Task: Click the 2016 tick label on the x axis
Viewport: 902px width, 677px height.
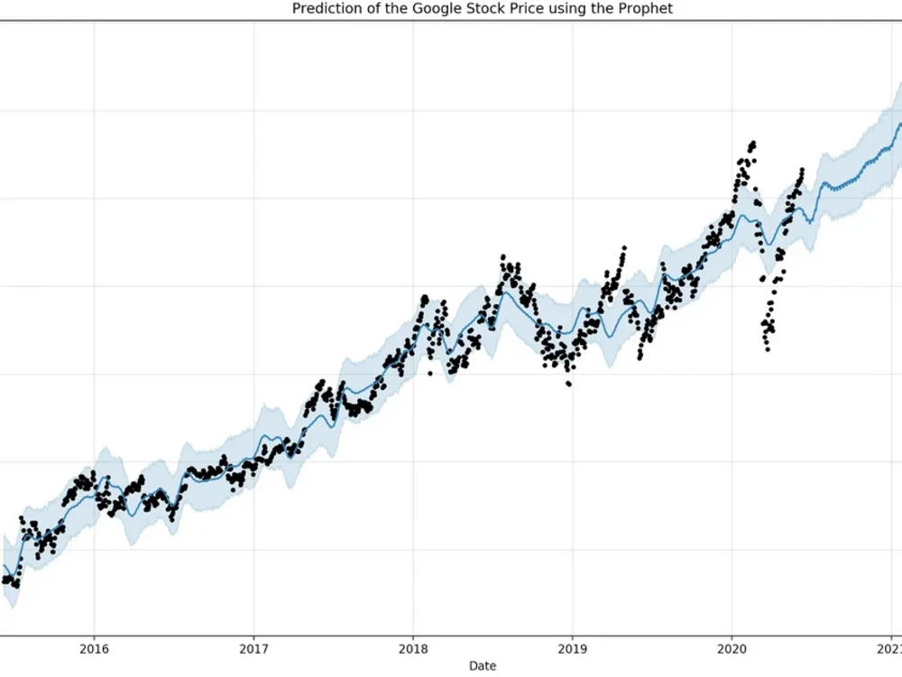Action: [x=94, y=648]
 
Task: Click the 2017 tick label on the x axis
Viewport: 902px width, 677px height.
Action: [x=253, y=648]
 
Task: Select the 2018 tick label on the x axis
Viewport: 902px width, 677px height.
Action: [x=413, y=648]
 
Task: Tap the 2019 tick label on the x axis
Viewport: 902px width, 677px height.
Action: [x=572, y=648]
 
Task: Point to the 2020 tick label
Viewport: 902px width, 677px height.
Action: [x=731, y=648]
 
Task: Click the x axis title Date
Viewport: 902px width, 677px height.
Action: [x=482, y=666]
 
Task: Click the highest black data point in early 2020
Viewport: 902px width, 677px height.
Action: [x=753, y=143]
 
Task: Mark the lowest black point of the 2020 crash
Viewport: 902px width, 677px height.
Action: [x=768, y=349]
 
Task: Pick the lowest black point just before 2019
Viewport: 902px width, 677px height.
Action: [x=568, y=384]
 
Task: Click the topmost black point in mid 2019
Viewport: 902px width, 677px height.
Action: [x=623, y=247]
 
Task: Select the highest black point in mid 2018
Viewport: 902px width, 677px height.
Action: [x=502, y=256]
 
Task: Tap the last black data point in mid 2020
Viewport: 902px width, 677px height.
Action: [x=801, y=169]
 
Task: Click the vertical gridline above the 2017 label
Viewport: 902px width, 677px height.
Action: [x=253, y=271]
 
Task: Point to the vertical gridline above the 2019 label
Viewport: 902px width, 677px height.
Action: [x=572, y=181]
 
